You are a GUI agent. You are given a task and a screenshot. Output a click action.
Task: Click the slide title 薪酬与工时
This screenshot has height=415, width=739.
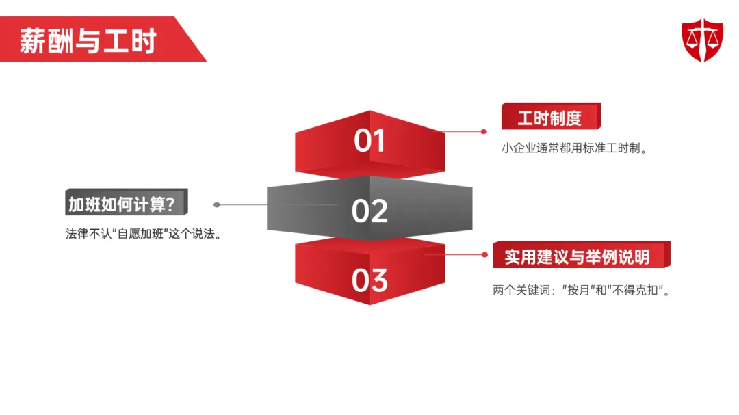pos(88,41)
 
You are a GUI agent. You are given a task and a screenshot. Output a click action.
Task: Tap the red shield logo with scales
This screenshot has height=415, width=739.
pos(702,40)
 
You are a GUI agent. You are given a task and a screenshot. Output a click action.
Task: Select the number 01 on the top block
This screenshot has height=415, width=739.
pos(370,141)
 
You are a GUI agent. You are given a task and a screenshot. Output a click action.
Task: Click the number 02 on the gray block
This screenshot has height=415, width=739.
pos(370,211)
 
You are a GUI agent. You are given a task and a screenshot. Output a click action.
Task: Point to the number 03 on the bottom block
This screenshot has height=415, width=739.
pos(370,280)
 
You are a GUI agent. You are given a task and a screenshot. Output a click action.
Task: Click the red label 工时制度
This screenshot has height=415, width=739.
pos(549,118)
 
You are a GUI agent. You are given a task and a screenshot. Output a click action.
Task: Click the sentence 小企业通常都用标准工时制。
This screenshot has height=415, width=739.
pos(574,148)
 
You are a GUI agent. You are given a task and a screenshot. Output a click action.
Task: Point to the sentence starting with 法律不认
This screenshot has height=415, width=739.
pos(144,234)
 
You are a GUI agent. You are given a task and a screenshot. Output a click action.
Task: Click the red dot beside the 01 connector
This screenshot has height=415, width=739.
pos(483,131)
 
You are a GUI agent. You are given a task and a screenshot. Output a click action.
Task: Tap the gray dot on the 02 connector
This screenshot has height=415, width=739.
pos(217,204)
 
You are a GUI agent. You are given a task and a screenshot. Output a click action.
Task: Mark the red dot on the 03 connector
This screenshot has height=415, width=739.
pos(486,254)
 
